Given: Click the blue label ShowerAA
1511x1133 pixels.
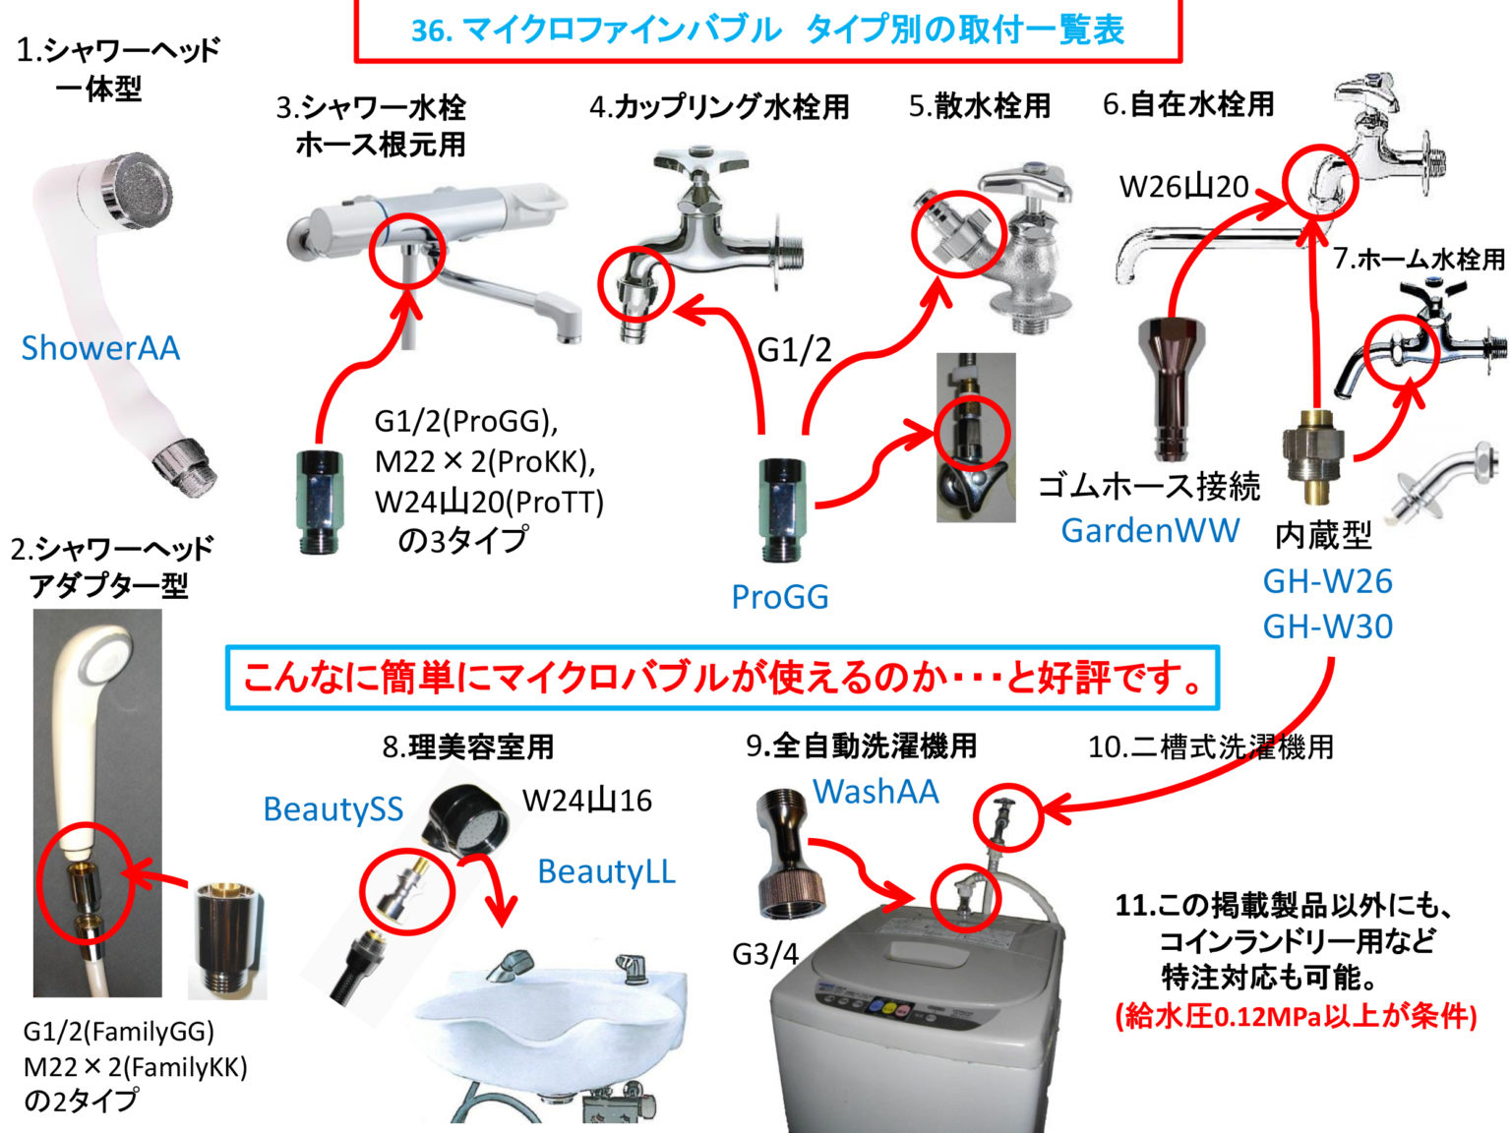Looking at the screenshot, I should [x=100, y=348].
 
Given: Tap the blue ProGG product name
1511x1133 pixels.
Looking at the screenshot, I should [x=779, y=597].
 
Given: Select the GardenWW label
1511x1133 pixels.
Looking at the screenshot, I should [x=1150, y=531].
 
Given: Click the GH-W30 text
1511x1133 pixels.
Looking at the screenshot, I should [x=1327, y=626].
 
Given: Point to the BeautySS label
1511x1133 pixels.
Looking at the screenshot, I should [x=332, y=808].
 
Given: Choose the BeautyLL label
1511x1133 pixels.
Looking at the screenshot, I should [x=606, y=871].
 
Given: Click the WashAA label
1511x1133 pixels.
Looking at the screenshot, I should [x=876, y=792].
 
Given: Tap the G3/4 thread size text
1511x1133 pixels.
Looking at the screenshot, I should [x=765, y=953].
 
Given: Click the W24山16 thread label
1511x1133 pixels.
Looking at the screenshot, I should [x=587, y=801].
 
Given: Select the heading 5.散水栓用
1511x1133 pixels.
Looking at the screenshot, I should [x=980, y=106].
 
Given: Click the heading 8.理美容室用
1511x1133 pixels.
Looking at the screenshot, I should [x=468, y=747].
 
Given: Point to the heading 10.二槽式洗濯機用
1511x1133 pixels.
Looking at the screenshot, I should [x=1210, y=747].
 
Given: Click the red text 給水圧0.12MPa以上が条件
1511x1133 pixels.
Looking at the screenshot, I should [x=1296, y=1016].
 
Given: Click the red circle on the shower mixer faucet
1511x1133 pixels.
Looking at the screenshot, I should [x=407, y=251].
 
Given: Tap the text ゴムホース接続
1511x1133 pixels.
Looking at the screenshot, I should [x=1149, y=486].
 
